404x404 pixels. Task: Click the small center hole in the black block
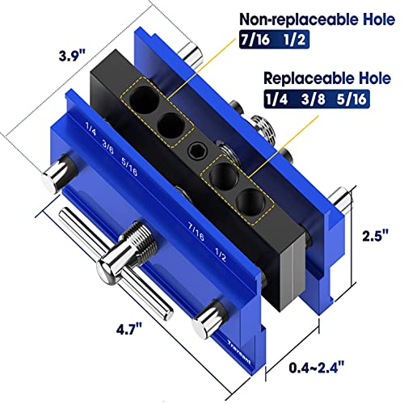(193, 150)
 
